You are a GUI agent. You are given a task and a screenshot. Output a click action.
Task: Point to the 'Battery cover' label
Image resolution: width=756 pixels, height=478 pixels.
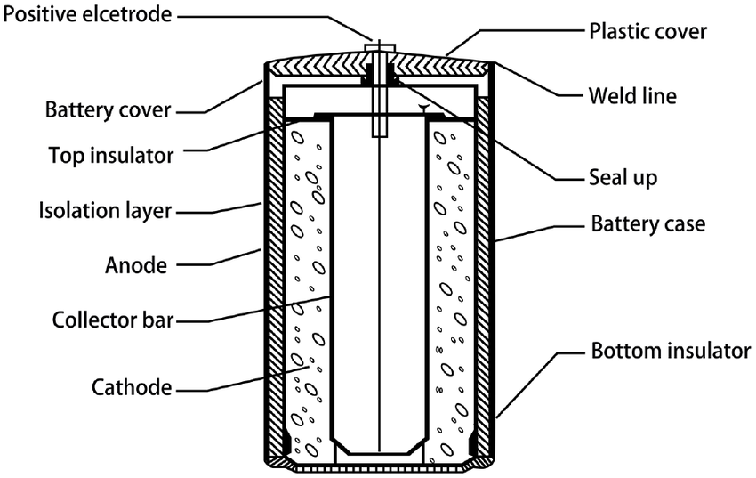(108, 111)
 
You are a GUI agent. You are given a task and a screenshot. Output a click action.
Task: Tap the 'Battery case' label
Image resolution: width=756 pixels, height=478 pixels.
(647, 223)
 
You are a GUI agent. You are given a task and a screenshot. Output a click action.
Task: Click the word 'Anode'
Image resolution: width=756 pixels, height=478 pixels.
(134, 264)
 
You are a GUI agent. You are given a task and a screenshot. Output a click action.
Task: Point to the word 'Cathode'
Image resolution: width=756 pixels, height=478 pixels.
(132, 387)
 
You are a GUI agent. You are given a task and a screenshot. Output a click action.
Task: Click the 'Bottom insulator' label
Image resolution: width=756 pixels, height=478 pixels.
(671, 350)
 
